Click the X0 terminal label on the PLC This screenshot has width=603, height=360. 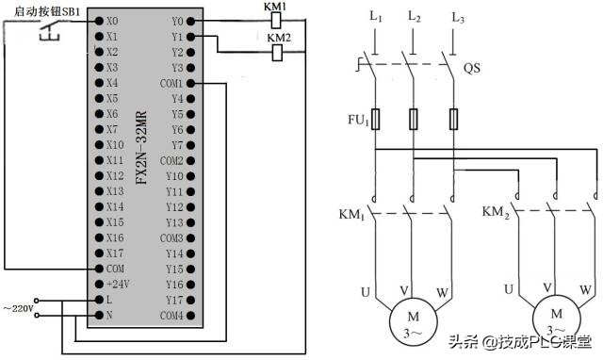click(112, 20)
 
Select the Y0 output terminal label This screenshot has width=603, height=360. click(177, 20)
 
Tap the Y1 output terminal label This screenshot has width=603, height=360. click(177, 36)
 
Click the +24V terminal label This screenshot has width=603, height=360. click(117, 284)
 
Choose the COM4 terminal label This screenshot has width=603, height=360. click(171, 315)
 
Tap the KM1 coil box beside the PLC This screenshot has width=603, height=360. click(277, 20)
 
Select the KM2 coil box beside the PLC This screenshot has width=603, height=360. click(277, 53)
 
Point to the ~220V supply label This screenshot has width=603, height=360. click(18, 308)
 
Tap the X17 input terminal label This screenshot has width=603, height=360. click(114, 253)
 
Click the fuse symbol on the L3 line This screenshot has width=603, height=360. click(455, 119)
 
